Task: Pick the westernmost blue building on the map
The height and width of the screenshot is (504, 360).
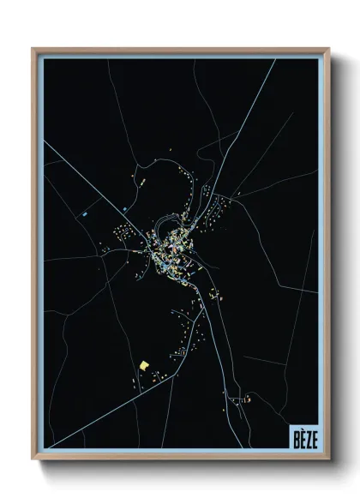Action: [86, 211]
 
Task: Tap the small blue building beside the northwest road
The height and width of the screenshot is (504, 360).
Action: [124, 208]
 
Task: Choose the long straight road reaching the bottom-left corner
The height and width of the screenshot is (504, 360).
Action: [94, 420]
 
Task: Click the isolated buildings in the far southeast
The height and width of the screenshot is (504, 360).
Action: [246, 399]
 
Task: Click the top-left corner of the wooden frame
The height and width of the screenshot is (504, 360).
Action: [33, 49]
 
